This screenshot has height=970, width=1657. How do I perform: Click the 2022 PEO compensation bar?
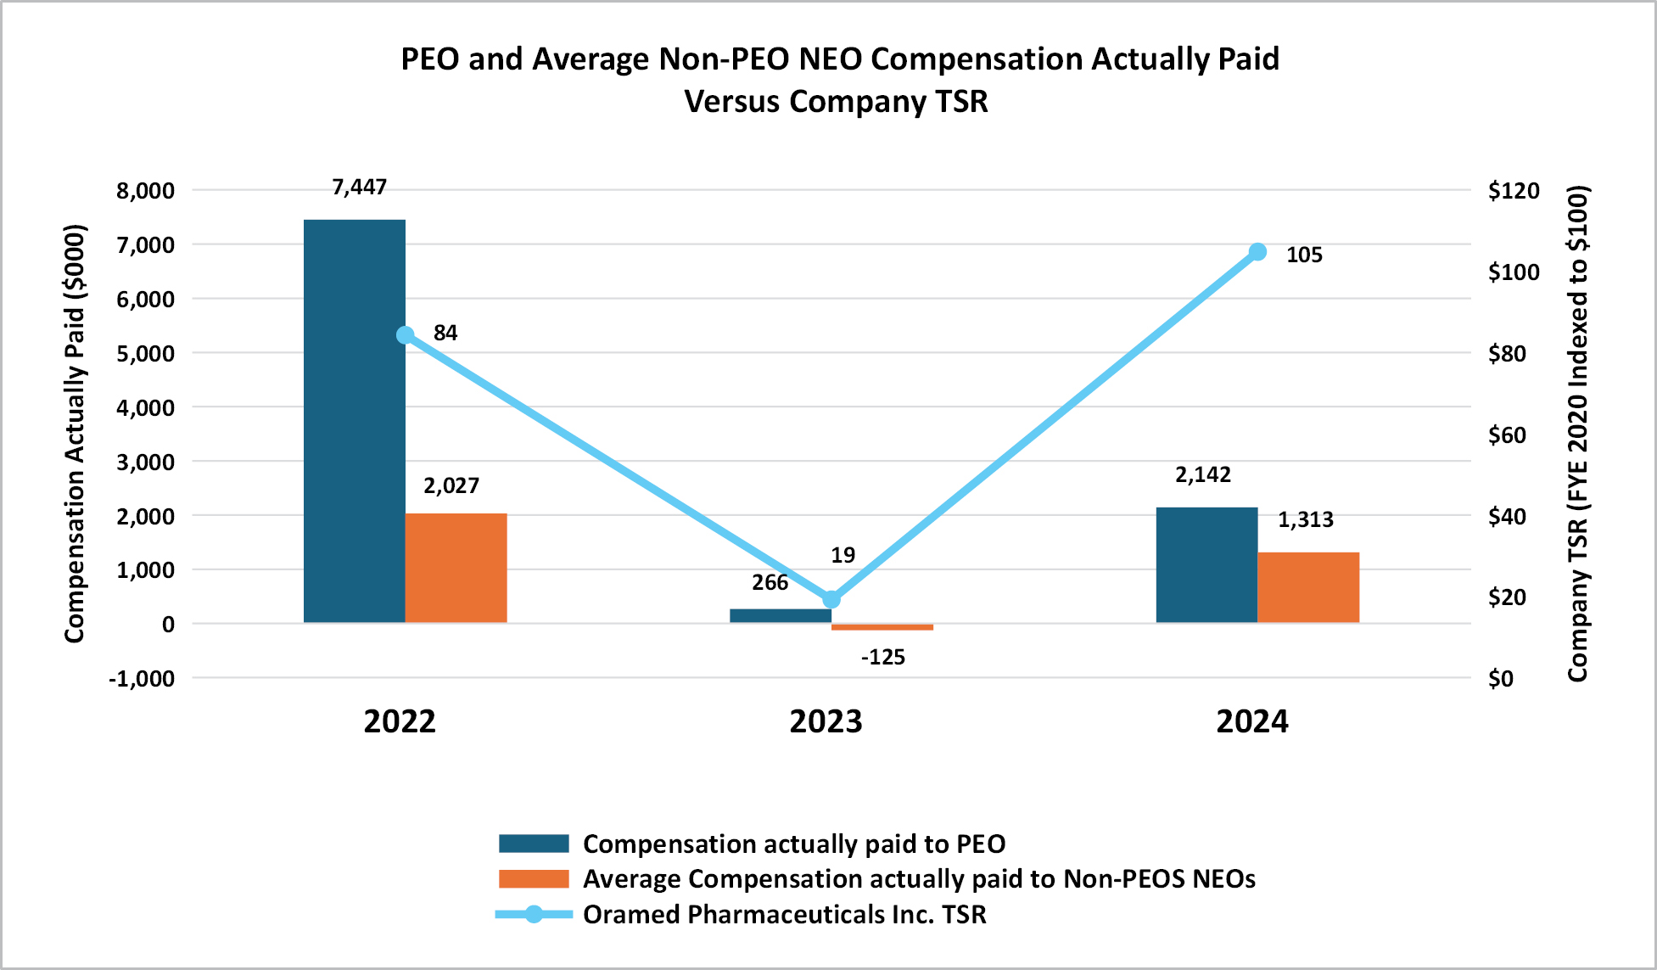pos(354,421)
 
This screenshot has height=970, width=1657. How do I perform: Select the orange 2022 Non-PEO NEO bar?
pos(456,568)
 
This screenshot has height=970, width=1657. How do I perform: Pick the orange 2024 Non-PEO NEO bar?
pos(1307,587)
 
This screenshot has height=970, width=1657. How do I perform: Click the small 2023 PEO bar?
pos(780,615)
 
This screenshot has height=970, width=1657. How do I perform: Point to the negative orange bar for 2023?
pos(882,627)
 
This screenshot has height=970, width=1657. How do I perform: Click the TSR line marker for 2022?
pos(406,335)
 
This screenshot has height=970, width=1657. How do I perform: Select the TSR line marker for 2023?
pos(831,599)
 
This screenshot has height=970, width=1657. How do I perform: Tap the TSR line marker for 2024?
pos(1257,252)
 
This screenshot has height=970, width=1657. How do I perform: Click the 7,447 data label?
pos(359,188)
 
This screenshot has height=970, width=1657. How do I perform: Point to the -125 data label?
pos(882,658)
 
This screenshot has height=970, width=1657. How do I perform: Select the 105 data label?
pos(1303,255)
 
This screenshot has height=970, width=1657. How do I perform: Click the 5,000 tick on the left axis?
pos(145,354)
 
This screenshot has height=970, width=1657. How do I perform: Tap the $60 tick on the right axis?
pos(1507,435)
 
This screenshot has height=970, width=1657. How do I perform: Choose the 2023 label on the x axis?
pos(826,721)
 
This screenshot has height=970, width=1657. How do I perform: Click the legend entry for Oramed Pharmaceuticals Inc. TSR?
pos(784,915)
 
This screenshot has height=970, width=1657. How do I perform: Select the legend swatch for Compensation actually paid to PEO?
pos(534,844)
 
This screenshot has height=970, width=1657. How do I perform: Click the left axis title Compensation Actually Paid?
pos(76,433)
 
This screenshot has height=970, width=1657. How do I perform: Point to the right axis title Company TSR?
pos(1577,433)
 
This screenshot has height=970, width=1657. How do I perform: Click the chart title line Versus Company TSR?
pos(836,102)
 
